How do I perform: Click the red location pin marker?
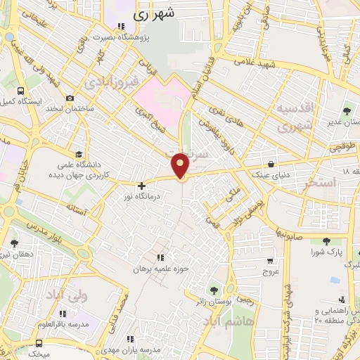coord(181,165)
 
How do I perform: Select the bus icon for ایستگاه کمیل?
coord(20,91)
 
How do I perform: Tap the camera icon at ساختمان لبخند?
coord(70,98)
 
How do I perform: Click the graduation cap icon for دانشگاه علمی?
coord(79,154)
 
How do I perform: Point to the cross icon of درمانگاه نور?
coord(141,186)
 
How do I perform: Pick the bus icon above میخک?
coord(39,343)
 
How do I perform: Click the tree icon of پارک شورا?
coord(317,241)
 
